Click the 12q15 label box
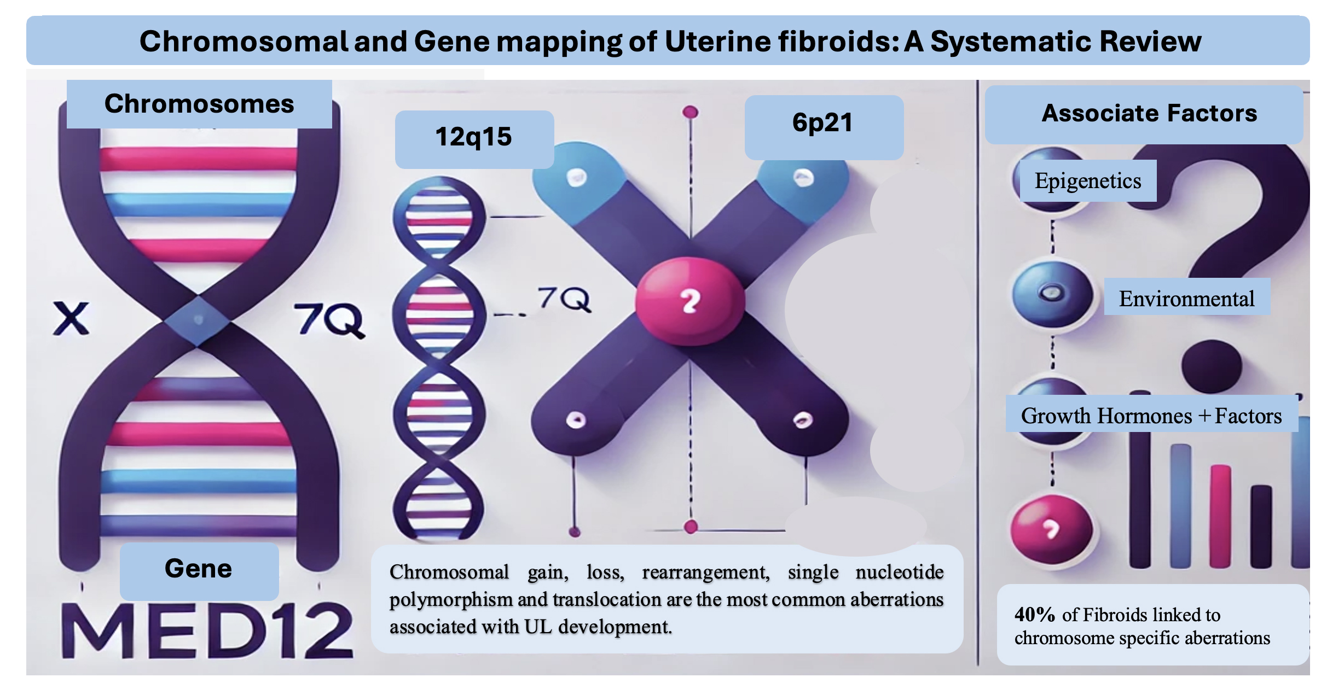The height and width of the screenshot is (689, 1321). (474, 138)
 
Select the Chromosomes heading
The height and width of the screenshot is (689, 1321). (199, 104)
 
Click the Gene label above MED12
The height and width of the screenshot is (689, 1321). (199, 569)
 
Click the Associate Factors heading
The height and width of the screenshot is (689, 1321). (1149, 113)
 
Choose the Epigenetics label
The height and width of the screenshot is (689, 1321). (1088, 181)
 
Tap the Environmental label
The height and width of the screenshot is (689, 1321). (1186, 299)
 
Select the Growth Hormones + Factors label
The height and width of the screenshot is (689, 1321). (1151, 416)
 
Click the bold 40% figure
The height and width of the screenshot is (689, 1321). (1034, 615)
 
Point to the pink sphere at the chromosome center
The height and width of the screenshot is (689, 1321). (690, 301)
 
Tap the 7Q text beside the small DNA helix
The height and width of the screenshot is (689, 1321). (564, 299)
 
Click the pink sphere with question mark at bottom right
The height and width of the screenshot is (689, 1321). (1051, 529)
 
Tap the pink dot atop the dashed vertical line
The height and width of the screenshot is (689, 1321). (691, 112)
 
